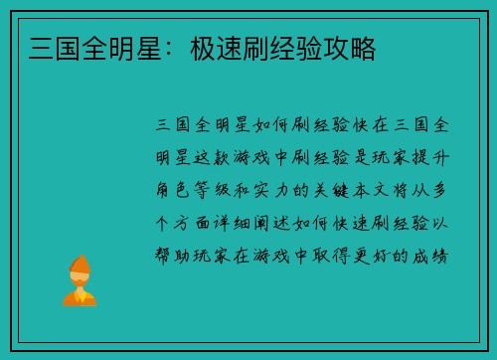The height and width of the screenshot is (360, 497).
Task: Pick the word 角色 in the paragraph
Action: tap(173, 190)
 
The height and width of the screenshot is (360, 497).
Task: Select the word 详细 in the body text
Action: tap(242, 223)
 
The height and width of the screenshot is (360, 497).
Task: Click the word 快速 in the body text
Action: tap(358, 223)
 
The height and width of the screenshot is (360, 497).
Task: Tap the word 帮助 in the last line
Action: tap(173, 256)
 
